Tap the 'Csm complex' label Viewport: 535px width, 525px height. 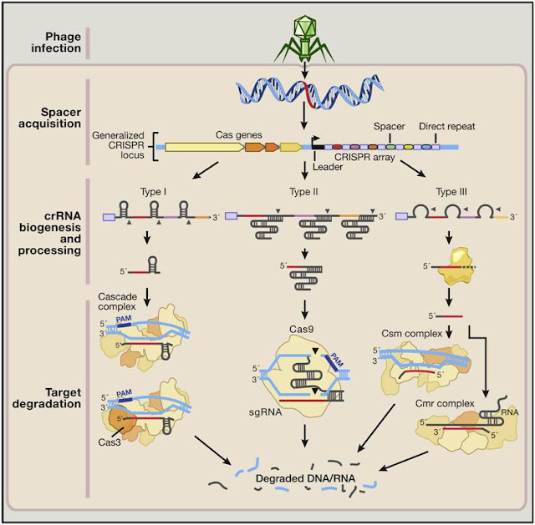coord(404,331)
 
